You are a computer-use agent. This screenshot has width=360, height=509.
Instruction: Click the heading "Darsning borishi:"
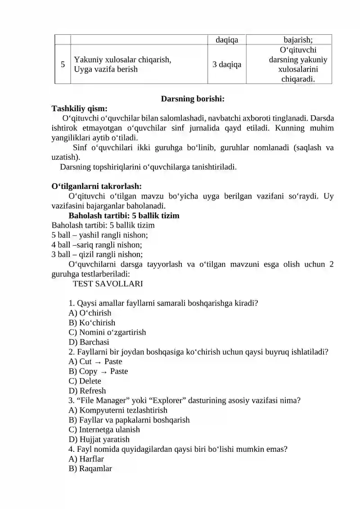point(192,98)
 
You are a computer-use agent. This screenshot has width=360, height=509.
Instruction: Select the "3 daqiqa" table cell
point(226,64)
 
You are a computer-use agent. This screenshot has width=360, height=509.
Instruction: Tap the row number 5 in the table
point(63,64)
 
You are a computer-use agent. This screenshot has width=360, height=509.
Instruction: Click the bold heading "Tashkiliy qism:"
point(80,108)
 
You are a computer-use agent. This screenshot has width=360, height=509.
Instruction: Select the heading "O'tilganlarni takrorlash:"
point(97,186)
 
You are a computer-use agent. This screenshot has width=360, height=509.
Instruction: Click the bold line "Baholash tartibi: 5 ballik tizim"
point(124,216)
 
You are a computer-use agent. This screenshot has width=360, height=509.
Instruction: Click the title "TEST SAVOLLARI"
point(108,284)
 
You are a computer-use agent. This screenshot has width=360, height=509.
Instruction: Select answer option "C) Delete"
point(85,381)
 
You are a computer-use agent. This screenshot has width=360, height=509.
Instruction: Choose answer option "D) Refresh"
point(87,391)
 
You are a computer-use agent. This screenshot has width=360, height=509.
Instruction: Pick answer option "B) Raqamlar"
point(90,468)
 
